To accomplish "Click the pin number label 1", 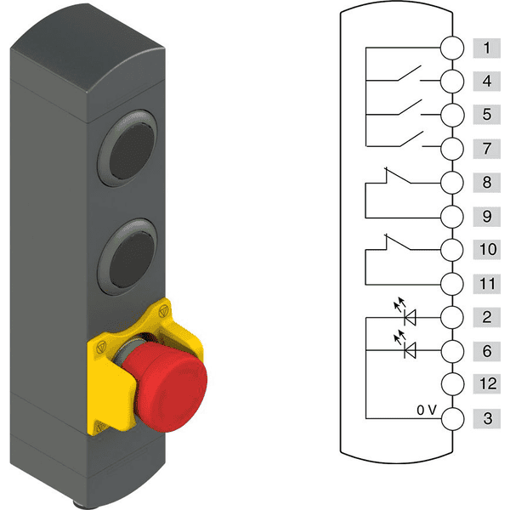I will pyautogui.click(x=486, y=48).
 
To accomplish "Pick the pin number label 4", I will pyautogui.click(x=486, y=82).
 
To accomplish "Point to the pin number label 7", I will pyautogui.click(x=486, y=149).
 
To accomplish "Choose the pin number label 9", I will pyautogui.click(x=486, y=216).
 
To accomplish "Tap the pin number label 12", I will pyautogui.click(x=486, y=384).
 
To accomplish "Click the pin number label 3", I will pyautogui.click(x=486, y=418).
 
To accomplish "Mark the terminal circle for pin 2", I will pyautogui.click(x=452, y=317).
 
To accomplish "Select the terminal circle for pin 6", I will pyautogui.click(x=452, y=350).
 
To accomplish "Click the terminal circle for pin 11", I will pyautogui.click(x=452, y=283).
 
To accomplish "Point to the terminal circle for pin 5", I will pyautogui.click(x=452, y=115).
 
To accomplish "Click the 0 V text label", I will pyautogui.click(x=427, y=410).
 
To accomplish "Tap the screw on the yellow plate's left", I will pyautogui.click(x=99, y=346).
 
